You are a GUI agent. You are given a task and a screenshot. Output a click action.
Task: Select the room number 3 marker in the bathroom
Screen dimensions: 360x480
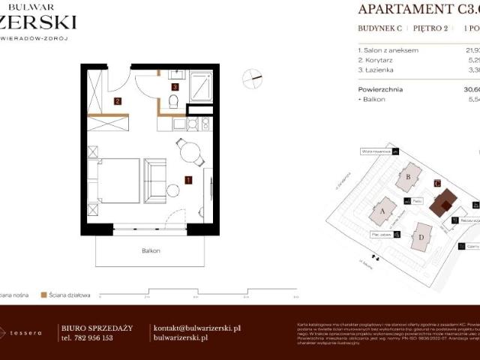pyautogui.click(x=175, y=87)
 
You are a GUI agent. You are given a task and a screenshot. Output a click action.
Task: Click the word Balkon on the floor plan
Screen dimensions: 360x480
pyautogui.click(x=151, y=250)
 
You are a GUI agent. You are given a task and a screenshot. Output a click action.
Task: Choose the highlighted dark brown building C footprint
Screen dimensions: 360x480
pyautogui.click(x=446, y=200)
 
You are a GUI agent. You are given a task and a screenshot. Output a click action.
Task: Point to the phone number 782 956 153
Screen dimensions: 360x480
pyautogui.click(x=87, y=338)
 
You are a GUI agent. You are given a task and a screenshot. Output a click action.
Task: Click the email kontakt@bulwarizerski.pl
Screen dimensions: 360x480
pyautogui.click(x=196, y=328)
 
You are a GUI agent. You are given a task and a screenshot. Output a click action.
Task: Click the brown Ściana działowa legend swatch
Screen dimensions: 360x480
pyautogui.click(x=44, y=295)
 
